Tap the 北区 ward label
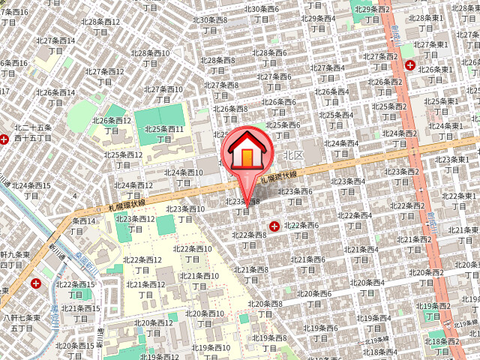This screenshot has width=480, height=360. pyautogui.click(x=293, y=155)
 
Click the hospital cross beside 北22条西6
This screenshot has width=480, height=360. pyautogui.click(x=274, y=225)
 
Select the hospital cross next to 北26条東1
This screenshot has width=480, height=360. pyautogui.click(x=410, y=66)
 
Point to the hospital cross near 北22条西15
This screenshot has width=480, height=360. pyautogui.click(x=37, y=284)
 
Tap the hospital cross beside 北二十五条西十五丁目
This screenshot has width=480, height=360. pyautogui.click(x=4, y=139)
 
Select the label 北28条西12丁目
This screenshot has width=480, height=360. pyautogui.click(x=103, y=28)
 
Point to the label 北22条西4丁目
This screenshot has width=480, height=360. pyautogui.click(x=355, y=221)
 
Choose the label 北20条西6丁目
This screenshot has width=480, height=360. pyautogui.click(x=313, y=299)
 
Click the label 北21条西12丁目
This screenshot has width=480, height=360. pyautogui.click(x=145, y=290)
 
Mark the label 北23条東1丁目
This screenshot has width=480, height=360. pyautogui.click(x=452, y=166)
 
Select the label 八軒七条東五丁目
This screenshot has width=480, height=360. pyautogui.click(x=21, y=324)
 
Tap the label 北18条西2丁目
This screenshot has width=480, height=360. pyautogui.click(x=443, y=346)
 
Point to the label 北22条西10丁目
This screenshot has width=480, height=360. pyautogui.click(x=193, y=254)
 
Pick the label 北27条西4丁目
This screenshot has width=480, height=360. pyautogui.click(x=328, y=73)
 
